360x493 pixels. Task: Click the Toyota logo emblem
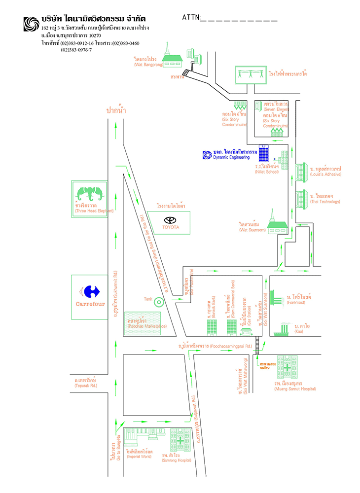point(170,220)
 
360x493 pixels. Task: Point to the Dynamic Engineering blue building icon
point(264,153)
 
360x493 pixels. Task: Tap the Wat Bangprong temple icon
point(172,57)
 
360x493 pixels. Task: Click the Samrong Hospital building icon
point(181,440)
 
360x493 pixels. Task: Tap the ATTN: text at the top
point(191,18)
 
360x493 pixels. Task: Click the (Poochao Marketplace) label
point(146,327)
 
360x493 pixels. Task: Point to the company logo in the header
point(31,25)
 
